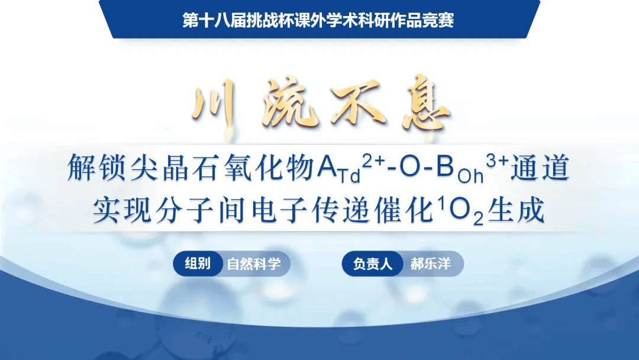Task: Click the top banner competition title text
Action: pyautogui.click(x=318, y=20)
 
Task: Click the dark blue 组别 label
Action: pyautogui.click(x=198, y=263)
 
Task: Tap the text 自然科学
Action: pyautogui.click(x=254, y=263)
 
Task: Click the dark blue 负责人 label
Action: pyautogui.click(x=373, y=263)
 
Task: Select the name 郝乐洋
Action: pyautogui.click(x=430, y=263)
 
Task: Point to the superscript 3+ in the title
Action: pyautogui.click(x=498, y=162)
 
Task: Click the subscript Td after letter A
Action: pyautogui.click(x=350, y=176)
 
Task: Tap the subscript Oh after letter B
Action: pyautogui.click(x=471, y=176)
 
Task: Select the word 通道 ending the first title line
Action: pyautogui.click(x=540, y=168)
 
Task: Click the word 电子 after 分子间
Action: pyautogui.click(x=279, y=210)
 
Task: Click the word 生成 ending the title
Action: pyautogui.click(x=516, y=210)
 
